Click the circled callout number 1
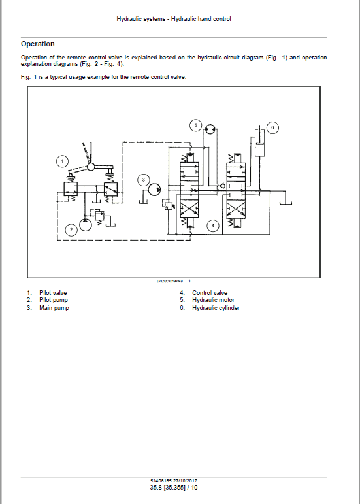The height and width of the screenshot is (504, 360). tap(62, 161)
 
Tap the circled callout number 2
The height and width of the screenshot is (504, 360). tap(71, 229)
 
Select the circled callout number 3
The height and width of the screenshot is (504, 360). tap(144, 180)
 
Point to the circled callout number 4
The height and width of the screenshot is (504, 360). tap(212, 226)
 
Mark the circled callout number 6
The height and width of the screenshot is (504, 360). tap(273, 126)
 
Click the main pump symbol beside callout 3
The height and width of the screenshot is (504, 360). tap(154, 190)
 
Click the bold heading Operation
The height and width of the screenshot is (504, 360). tap(38, 44)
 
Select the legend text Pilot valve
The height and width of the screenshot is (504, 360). tap(53, 292)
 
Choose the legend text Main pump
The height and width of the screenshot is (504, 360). tap(54, 308)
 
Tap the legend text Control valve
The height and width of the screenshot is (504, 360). tap(210, 292)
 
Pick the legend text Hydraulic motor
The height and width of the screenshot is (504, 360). tap(213, 300)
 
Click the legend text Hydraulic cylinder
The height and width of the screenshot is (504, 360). tap(216, 308)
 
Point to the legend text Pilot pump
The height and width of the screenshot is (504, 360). tap(53, 300)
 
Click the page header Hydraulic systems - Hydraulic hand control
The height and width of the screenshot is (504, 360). tap(173, 19)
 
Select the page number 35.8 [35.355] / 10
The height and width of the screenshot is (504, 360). tap(173, 488)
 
